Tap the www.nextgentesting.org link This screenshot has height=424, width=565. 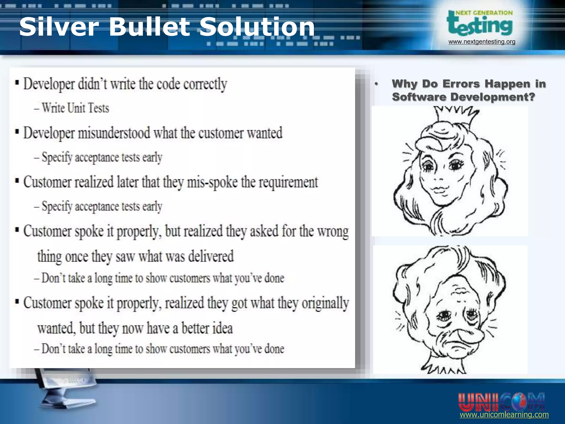coord(482,42)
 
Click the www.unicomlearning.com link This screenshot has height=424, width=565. coord(504,415)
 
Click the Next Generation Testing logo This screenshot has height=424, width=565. coord(480,23)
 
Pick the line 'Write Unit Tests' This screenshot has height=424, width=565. coord(75,108)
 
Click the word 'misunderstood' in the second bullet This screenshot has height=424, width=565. coord(114,133)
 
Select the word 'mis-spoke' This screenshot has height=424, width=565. coord(212,182)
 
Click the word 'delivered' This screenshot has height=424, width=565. coord(211,256)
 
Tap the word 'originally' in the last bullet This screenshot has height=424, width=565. coord(325,303)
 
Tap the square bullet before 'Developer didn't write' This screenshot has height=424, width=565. coord(17,83)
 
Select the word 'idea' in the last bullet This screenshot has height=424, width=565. coord(222,328)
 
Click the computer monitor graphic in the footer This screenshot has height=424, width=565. coord(66,386)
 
